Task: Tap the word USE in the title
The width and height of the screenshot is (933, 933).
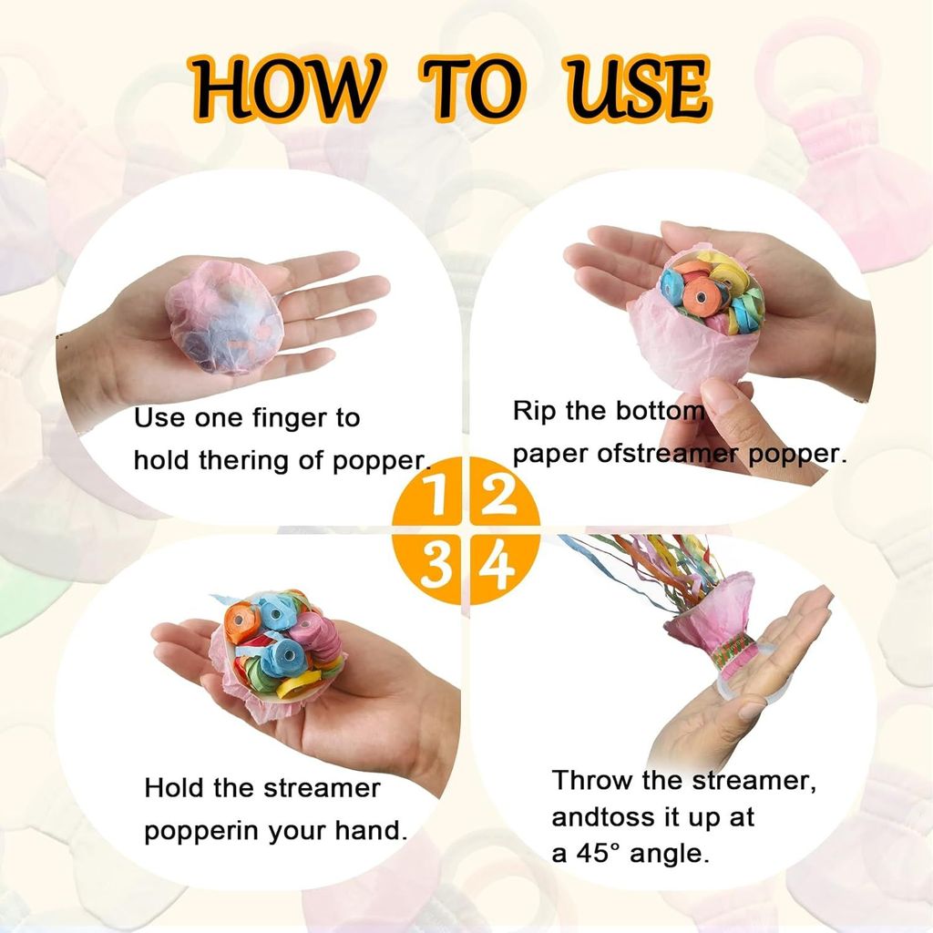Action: point(637,89)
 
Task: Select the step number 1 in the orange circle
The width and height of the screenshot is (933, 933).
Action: point(436,494)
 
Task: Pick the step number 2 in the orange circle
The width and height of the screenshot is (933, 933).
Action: point(497,494)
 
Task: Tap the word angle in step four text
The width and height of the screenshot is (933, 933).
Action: point(669,856)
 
